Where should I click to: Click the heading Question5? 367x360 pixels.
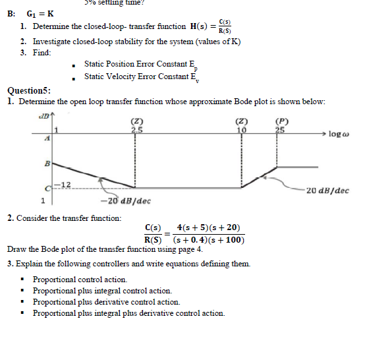[32, 91]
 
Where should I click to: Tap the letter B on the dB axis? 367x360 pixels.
[45, 162]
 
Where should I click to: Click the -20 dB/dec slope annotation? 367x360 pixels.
[125, 200]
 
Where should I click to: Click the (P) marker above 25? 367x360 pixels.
[283, 121]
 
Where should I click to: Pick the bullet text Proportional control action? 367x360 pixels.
[80, 280]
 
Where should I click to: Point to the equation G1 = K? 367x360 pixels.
[40, 13]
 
